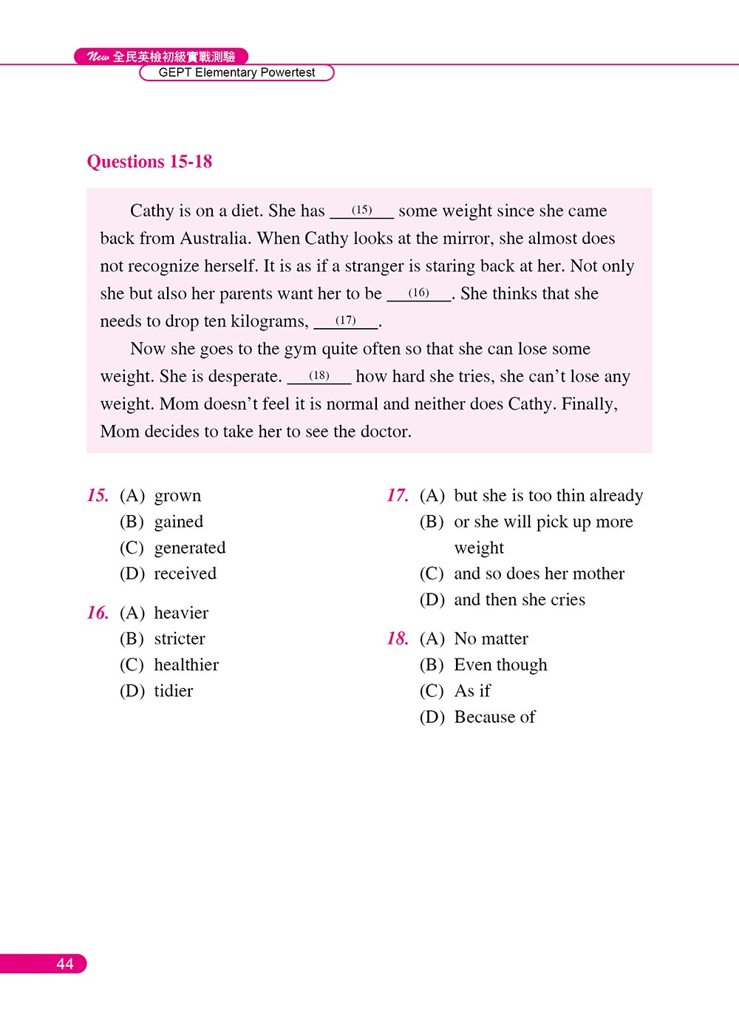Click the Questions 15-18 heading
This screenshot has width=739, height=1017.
pos(149,162)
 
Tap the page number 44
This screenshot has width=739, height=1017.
pos(64,964)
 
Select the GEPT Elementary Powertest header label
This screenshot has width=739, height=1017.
pos(236,72)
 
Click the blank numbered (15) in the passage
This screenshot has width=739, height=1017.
pos(361,211)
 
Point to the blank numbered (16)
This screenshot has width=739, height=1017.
pos(418,293)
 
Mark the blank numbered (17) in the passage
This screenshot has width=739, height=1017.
pos(346,321)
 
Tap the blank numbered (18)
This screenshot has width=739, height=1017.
pos(319,376)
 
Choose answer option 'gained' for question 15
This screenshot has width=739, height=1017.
pos(178,522)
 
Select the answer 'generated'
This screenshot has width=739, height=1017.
pos(189,548)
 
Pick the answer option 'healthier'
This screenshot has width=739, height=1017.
pos(186,665)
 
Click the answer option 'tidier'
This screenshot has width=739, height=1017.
pos(173,691)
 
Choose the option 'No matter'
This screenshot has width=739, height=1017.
pos(491,639)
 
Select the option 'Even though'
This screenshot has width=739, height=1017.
pos(500,665)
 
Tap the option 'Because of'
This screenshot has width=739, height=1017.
pos(494,717)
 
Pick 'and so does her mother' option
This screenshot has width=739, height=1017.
pos(539,574)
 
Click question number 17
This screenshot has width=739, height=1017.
pos(398,495)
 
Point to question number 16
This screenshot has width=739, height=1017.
pos(98,613)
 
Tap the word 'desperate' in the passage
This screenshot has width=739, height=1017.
pos(243,376)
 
